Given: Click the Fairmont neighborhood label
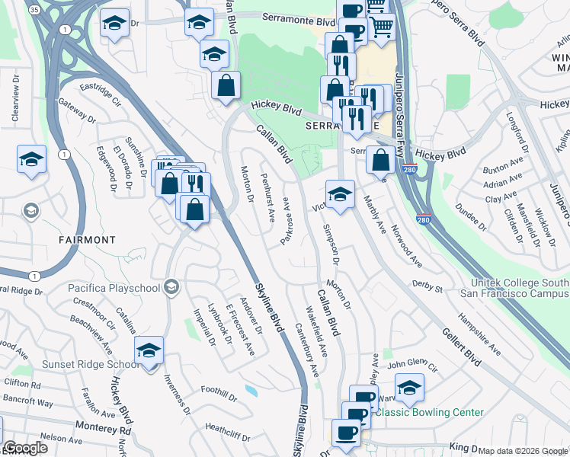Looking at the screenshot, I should [x=87, y=239].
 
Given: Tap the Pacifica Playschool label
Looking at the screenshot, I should [x=111, y=287].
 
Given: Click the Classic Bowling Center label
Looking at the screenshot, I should [x=431, y=412].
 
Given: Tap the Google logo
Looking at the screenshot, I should [x=25, y=448].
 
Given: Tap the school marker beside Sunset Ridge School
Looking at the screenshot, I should [x=149, y=350].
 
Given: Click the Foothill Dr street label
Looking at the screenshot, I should [x=218, y=391].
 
